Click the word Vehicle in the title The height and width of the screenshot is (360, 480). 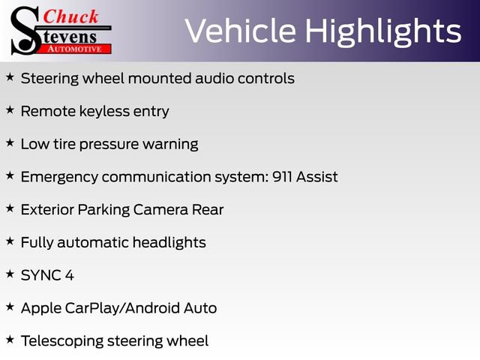241,31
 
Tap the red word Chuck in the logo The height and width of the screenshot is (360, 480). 70,16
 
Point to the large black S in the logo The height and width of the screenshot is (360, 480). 25,31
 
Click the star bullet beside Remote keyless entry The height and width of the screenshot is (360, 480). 10,109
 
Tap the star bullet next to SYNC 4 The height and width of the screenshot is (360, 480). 10,274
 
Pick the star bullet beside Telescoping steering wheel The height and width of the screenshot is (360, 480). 10,339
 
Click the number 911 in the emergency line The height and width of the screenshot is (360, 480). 282,177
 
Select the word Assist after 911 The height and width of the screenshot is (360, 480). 316,177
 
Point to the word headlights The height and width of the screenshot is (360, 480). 169,243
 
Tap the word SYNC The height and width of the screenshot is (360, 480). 40,275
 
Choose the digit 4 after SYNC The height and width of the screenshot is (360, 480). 70,275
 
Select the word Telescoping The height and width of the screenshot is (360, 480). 62,341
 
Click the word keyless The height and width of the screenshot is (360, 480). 104,112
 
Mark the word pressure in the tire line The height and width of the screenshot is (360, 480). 109,145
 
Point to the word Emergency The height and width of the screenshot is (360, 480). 59,178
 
